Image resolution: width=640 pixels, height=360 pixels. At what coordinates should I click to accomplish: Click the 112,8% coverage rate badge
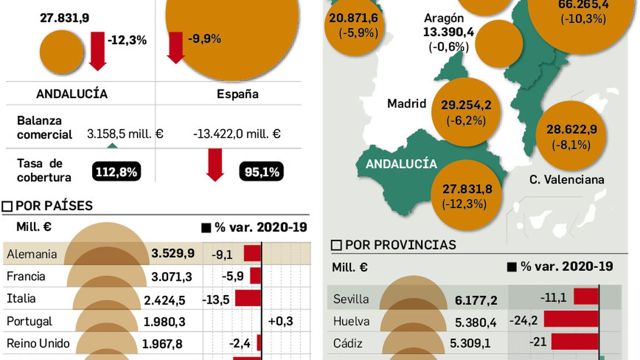[116, 172]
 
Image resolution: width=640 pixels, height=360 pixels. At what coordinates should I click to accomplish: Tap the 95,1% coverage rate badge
[262, 172]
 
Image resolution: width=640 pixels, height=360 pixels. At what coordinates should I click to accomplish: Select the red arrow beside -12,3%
[97, 51]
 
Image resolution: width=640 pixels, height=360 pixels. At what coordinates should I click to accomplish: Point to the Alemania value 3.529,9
[173, 253]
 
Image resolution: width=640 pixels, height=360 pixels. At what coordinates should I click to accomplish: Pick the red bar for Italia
[248, 298]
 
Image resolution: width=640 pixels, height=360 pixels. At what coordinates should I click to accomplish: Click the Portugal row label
[29, 321]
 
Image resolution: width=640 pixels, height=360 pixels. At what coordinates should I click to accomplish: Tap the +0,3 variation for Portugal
[280, 321]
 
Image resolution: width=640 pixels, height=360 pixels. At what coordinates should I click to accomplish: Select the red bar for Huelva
[571, 320]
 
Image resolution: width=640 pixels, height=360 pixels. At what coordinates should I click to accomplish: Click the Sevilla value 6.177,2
[476, 300]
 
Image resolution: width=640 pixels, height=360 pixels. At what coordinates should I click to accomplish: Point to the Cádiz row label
[348, 343]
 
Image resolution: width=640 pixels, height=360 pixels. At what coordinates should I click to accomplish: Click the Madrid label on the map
[406, 104]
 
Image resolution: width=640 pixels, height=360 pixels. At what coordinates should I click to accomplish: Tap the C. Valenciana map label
[566, 180]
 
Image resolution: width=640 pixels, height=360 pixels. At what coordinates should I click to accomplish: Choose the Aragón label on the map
[444, 18]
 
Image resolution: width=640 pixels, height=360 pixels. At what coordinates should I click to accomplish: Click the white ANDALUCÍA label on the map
[401, 164]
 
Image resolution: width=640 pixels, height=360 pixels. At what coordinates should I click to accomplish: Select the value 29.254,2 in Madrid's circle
[466, 105]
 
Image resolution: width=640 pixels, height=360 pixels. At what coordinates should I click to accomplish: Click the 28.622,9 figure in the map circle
[572, 129]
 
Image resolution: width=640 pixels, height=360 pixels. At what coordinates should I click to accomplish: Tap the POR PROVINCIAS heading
[400, 245]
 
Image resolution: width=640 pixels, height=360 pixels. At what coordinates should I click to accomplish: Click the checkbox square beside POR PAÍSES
[7, 206]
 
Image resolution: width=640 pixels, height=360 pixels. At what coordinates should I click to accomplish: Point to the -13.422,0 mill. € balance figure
[236, 134]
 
